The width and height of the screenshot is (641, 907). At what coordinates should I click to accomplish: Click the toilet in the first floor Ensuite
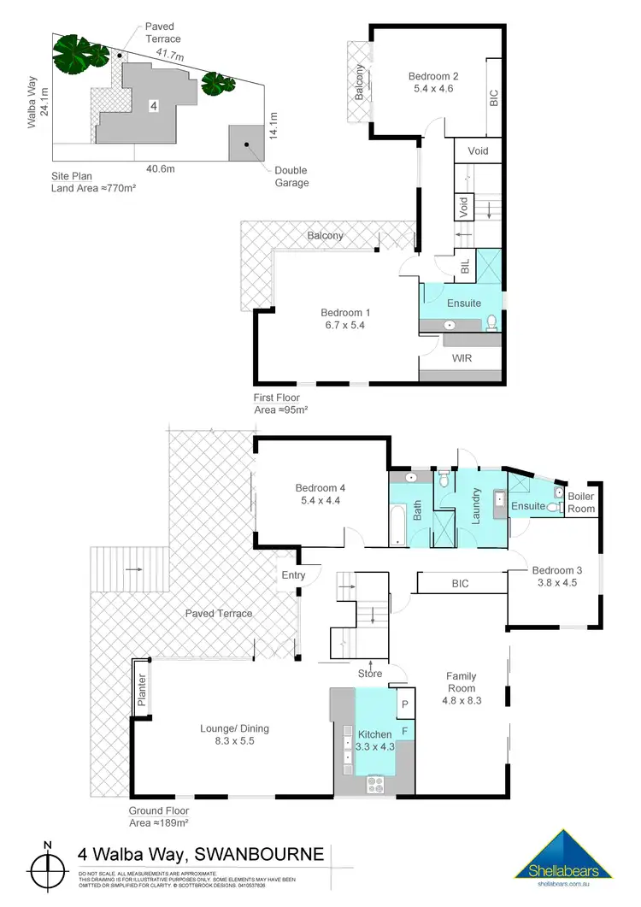491,322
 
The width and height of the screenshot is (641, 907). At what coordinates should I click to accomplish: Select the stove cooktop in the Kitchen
373,783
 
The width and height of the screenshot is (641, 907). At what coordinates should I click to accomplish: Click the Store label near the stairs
369,674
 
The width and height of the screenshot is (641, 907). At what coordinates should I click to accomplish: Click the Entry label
293,575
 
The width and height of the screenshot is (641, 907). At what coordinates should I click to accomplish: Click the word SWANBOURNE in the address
260,854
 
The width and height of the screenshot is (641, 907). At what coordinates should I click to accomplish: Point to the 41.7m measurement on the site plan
169,53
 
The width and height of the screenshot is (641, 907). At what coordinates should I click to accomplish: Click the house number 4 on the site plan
152,106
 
